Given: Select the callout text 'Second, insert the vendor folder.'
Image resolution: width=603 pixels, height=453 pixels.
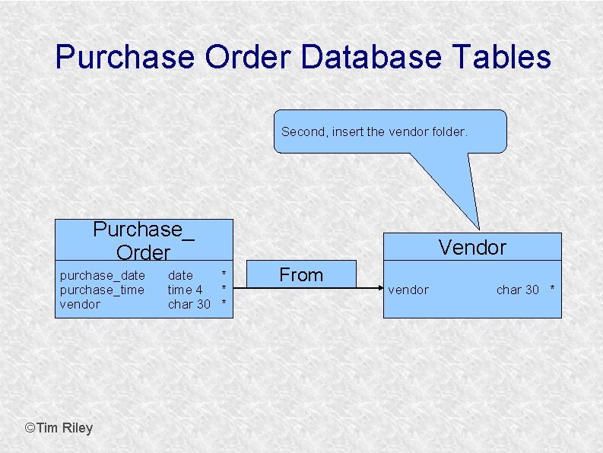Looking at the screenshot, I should (x=374, y=131).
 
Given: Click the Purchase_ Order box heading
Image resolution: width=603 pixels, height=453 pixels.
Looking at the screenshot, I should (x=143, y=240).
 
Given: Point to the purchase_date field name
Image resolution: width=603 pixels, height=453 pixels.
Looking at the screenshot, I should (x=103, y=275).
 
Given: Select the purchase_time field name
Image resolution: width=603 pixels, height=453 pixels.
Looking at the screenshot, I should (x=102, y=290).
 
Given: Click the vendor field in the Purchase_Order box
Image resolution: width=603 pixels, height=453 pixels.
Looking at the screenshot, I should (x=80, y=304).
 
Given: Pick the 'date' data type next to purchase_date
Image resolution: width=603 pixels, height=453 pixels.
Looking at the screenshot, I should (x=180, y=275).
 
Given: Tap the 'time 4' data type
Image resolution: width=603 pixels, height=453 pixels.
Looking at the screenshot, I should (x=185, y=290).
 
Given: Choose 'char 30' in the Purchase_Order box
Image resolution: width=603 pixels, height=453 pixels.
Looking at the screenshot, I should (x=189, y=304).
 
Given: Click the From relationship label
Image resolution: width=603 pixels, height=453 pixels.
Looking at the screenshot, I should (x=301, y=275).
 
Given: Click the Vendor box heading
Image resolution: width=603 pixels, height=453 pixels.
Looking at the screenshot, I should (x=471, y=247).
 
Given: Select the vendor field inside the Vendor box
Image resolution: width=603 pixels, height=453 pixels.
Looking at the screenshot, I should (x=408, y=290).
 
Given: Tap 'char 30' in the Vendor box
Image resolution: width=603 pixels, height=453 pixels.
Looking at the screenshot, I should (x=517, y=290).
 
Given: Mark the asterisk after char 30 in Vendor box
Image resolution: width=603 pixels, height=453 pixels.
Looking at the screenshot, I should (x=553, y=290).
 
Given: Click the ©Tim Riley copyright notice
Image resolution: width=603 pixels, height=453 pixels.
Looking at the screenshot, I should (x=59, y=428).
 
